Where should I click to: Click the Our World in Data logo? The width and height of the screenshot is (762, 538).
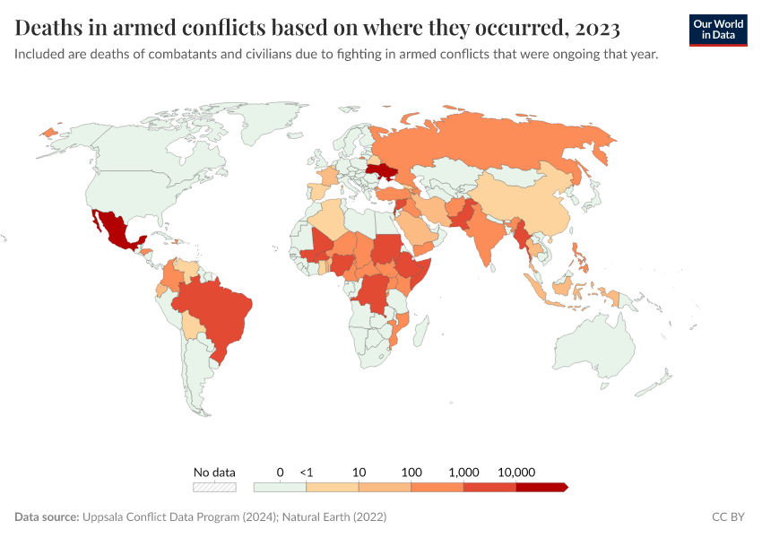coord(718,30)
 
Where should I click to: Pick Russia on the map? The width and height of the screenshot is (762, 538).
coord(502,143)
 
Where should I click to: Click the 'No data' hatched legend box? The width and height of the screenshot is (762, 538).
coord(214,487)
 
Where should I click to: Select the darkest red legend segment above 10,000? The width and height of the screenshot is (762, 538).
coord(541,487)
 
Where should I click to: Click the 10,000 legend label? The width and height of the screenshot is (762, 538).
coord(516,472)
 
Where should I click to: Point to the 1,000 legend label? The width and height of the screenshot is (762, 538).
coord(464,472)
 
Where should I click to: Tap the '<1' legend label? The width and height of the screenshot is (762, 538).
coord(307,472)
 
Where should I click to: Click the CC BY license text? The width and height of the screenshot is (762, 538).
coord(728,517)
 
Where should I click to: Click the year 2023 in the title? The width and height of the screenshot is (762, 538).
coord(593,29)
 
